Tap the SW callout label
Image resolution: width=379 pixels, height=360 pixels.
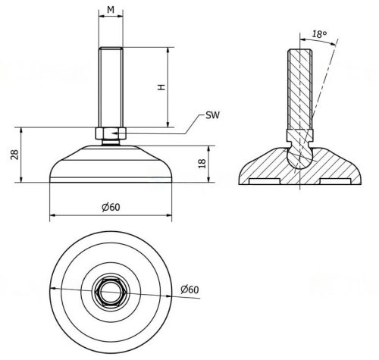click(213, 117)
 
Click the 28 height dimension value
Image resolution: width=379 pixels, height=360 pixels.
click(14, 155)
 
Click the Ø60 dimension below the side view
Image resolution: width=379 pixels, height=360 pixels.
click(110, 208)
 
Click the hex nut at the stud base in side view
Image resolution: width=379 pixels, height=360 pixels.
click(110, 133)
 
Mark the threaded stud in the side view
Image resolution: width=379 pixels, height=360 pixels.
click(110, 87)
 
